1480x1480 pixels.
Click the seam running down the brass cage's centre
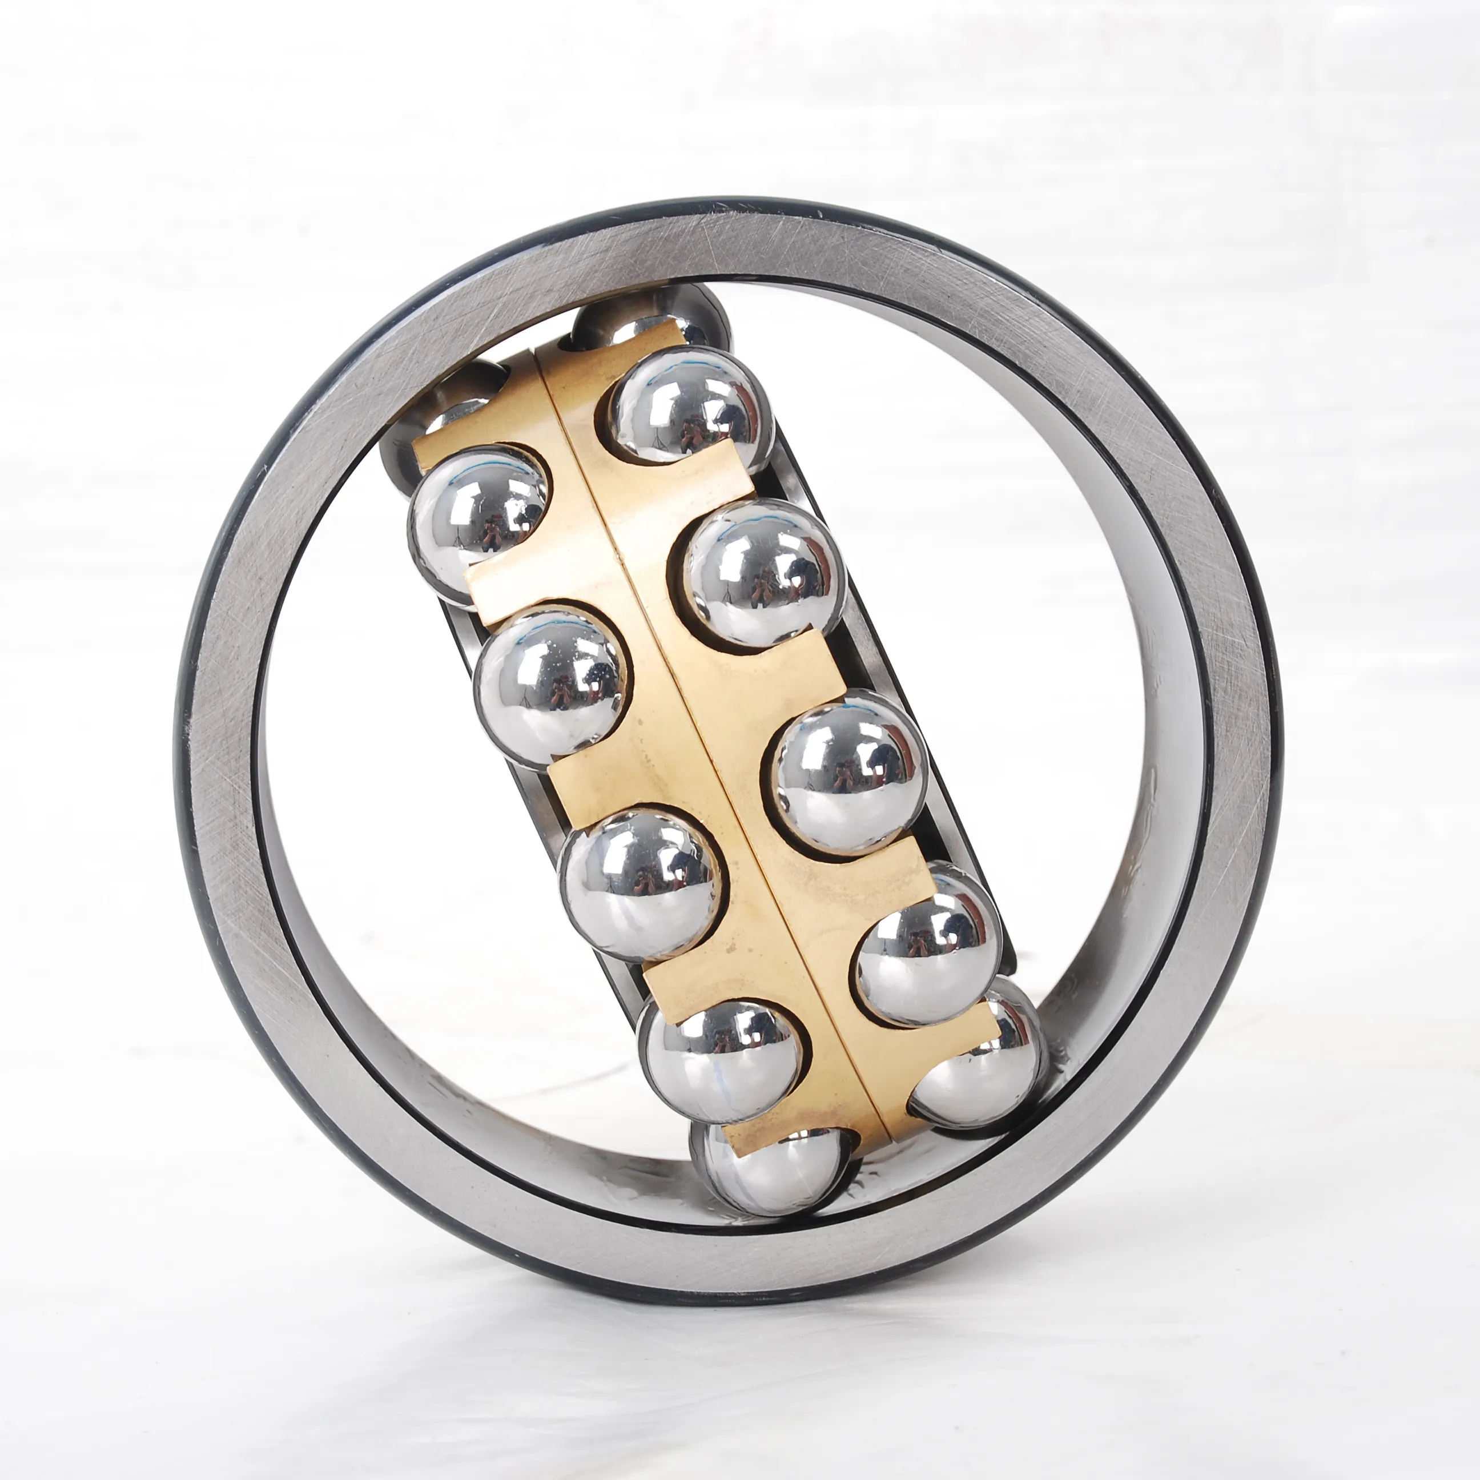click(x=689, y=728)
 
